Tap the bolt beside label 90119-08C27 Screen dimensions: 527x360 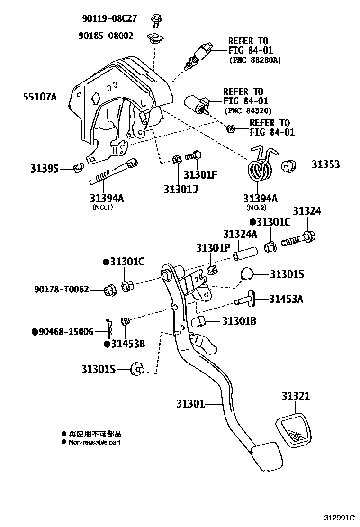point(156,19)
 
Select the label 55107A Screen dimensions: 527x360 point(40,97)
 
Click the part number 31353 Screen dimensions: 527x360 point(325,164)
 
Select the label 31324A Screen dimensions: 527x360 point(240,234)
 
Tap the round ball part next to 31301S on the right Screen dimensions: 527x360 point(248,274)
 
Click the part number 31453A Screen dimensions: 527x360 point(287,299)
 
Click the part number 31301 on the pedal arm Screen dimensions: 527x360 point(190,404)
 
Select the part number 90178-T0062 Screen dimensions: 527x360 point(61,289)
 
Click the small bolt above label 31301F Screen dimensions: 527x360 point(194,155)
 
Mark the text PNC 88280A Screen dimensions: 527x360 point(255,60)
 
